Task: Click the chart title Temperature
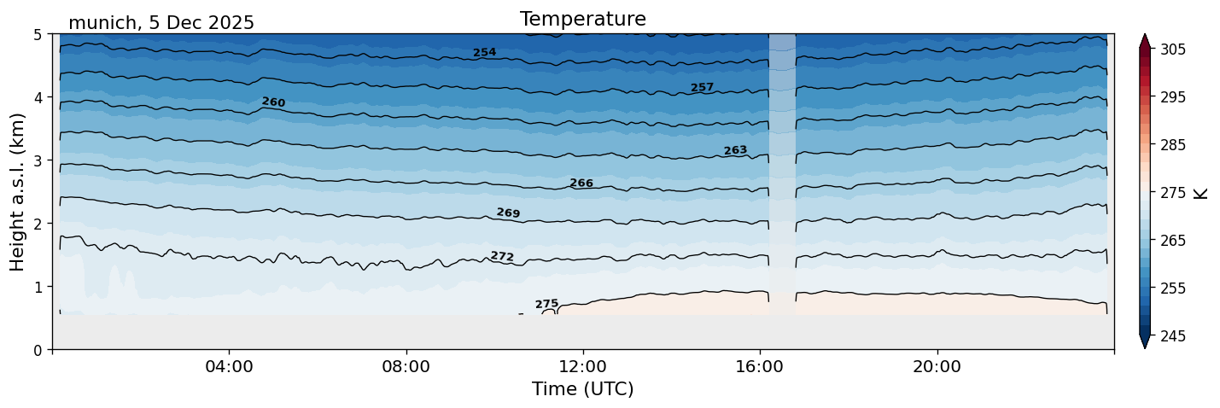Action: tap(582, 19)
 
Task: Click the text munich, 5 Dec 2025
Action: tap(161, 23)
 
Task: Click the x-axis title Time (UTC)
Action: tap(582, 389)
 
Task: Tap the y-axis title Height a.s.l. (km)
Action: tap(18, 191)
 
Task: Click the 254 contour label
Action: tap(485, 53)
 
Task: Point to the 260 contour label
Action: tap(273, 102)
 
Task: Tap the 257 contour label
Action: tap(702, 88)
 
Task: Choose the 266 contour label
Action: tap(581, 184)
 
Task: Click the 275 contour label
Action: tap(546, 304)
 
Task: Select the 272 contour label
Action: tap(502, 257)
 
